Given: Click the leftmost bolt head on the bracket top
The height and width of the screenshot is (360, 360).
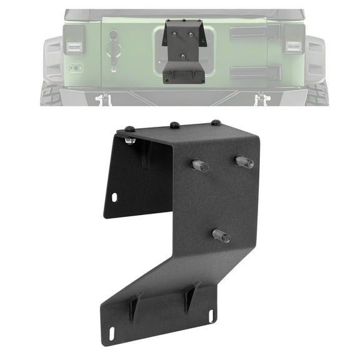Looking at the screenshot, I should [x=129, y=129].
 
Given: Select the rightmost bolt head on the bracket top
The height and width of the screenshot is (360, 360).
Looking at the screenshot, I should [x=216, y=122].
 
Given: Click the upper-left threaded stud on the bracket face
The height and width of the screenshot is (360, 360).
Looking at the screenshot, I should [x=199, y=166].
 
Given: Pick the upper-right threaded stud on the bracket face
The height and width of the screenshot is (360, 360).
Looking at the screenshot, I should [x=244, y=162].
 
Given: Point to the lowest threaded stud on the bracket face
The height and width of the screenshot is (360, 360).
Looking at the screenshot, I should [x=221, y=236].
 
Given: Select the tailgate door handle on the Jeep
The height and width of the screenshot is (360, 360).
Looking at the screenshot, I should [x=114, y=49].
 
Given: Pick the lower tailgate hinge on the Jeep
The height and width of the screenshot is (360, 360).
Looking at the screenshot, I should [x=250, y=72].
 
